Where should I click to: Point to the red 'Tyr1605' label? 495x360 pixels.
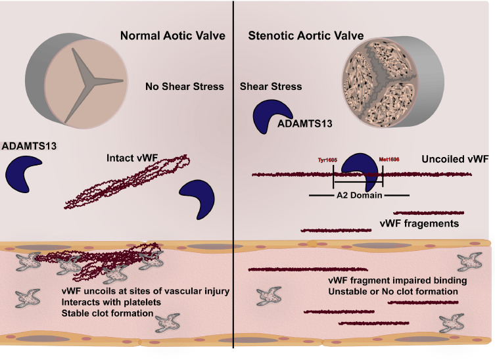coord(329,160)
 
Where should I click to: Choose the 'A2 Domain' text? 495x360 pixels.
coord(359,195)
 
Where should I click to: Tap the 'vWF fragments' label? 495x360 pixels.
coord(419,224)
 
